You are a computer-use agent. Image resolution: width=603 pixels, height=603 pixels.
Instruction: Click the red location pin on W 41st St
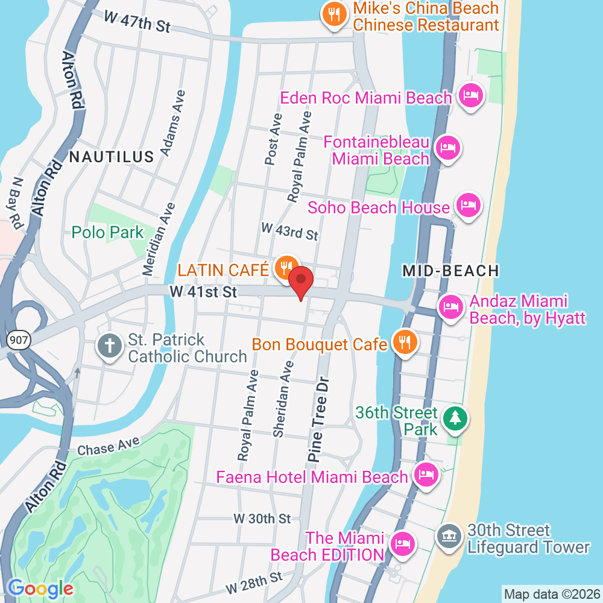click(301, 282)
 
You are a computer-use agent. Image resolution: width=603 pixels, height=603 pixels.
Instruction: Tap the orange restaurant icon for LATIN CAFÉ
click(286, 266)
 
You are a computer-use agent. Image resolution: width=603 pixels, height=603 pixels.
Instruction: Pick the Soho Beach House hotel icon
click(468, 206)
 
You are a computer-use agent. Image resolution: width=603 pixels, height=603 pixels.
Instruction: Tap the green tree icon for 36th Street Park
click(455, 418)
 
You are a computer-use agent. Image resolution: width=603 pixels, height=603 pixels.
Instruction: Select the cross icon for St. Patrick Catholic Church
click(110, 346)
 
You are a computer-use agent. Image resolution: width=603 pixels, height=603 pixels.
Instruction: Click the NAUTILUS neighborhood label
click(112, 157)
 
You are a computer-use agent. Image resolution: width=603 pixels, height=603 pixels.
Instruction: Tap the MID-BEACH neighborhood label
click(451, 271)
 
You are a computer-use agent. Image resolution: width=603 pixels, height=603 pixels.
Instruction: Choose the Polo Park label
click(108, 232)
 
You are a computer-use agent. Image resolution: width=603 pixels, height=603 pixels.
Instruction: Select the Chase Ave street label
click(109, 447)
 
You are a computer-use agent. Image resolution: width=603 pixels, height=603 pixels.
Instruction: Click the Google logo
click(40, 588)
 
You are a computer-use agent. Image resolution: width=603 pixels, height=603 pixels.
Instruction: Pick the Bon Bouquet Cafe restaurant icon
click(403, 341)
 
